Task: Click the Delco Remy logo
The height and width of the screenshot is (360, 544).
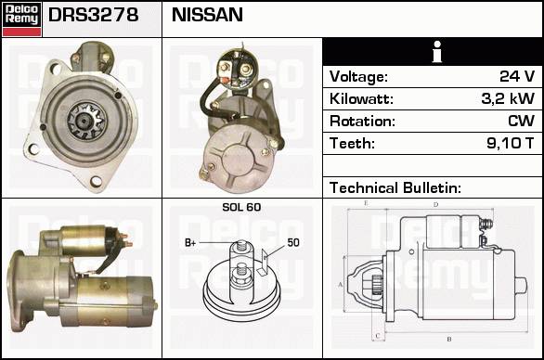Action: pos(22,19)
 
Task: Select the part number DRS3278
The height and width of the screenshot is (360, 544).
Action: pos(94,15)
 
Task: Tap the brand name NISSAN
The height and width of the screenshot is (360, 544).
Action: pos(207,15)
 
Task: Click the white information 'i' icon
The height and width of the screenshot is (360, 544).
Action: pos(437,52)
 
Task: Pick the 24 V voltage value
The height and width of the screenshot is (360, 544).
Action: pos(517,76)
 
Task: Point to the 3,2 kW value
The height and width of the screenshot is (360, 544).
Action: pos(508,98)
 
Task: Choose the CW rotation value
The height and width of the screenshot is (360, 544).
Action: pos(522,121)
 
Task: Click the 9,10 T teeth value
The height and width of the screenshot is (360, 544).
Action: pos(510,143)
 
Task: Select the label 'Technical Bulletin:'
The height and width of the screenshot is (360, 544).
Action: pos(395,188)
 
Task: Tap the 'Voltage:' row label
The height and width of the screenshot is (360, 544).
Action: pos(358,77)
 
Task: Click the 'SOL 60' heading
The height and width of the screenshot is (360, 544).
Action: pos(241,207)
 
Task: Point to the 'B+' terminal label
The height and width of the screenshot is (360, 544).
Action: pos(190,243)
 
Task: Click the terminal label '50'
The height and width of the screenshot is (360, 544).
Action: pos(293,242)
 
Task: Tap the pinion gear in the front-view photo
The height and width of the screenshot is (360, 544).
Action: pos(85,121)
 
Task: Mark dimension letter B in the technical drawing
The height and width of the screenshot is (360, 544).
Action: pos(449,339)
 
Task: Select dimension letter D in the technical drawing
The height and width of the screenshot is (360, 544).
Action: pos(435,205)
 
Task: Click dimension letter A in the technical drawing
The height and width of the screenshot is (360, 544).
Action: pos(340,285)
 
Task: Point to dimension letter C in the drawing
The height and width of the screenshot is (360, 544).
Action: pos(378,336)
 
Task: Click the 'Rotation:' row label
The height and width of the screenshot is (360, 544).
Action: pos(362,122)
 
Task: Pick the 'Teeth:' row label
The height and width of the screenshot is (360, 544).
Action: pos(352,143)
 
